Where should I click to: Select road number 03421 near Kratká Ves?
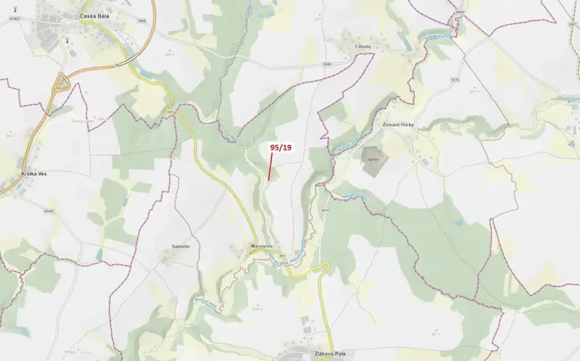(51, 209)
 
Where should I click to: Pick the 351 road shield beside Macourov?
(282, 255)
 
